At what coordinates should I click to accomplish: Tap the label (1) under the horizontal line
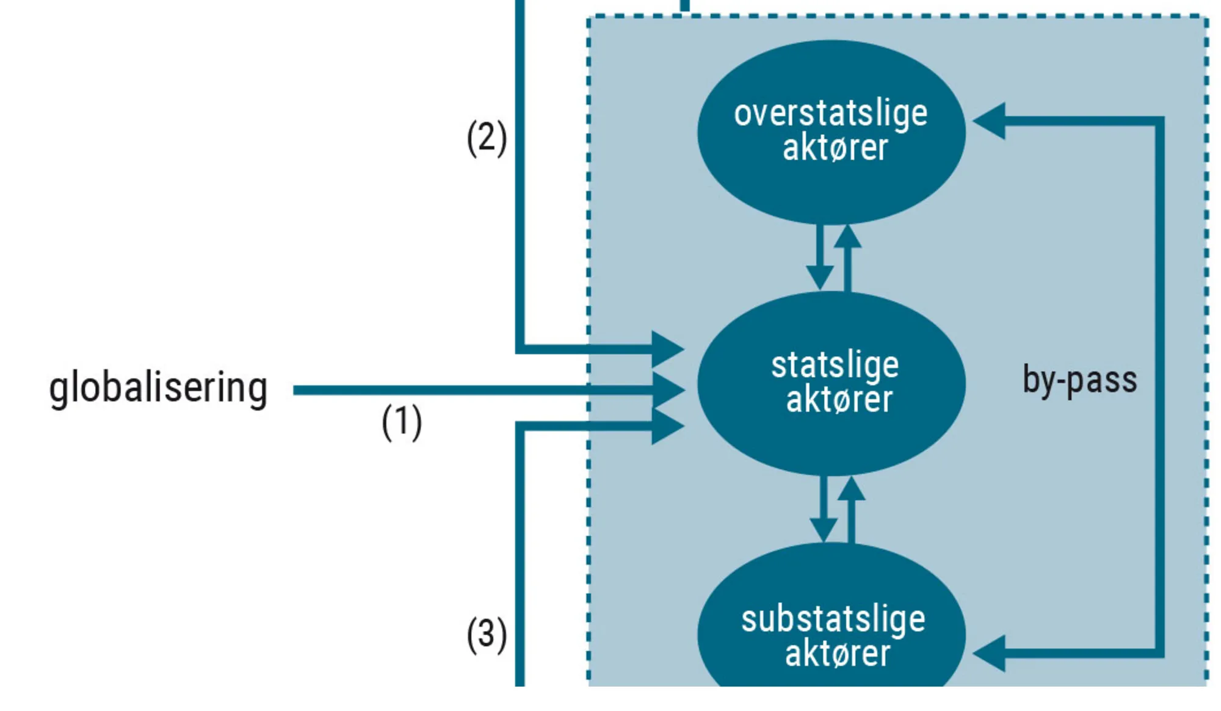[402, 422]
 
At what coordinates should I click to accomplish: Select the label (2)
[487, 138]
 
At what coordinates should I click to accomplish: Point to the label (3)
[487, 635]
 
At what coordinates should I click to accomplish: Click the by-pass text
[1079, 380]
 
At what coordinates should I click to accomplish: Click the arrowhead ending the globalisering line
[669, 390]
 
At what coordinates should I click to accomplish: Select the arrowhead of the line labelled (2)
[668, 349]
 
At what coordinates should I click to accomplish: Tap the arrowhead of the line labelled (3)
[668, 426]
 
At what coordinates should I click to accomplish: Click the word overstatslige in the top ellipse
[830, 114]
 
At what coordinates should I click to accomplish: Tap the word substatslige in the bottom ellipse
[833, 619]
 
